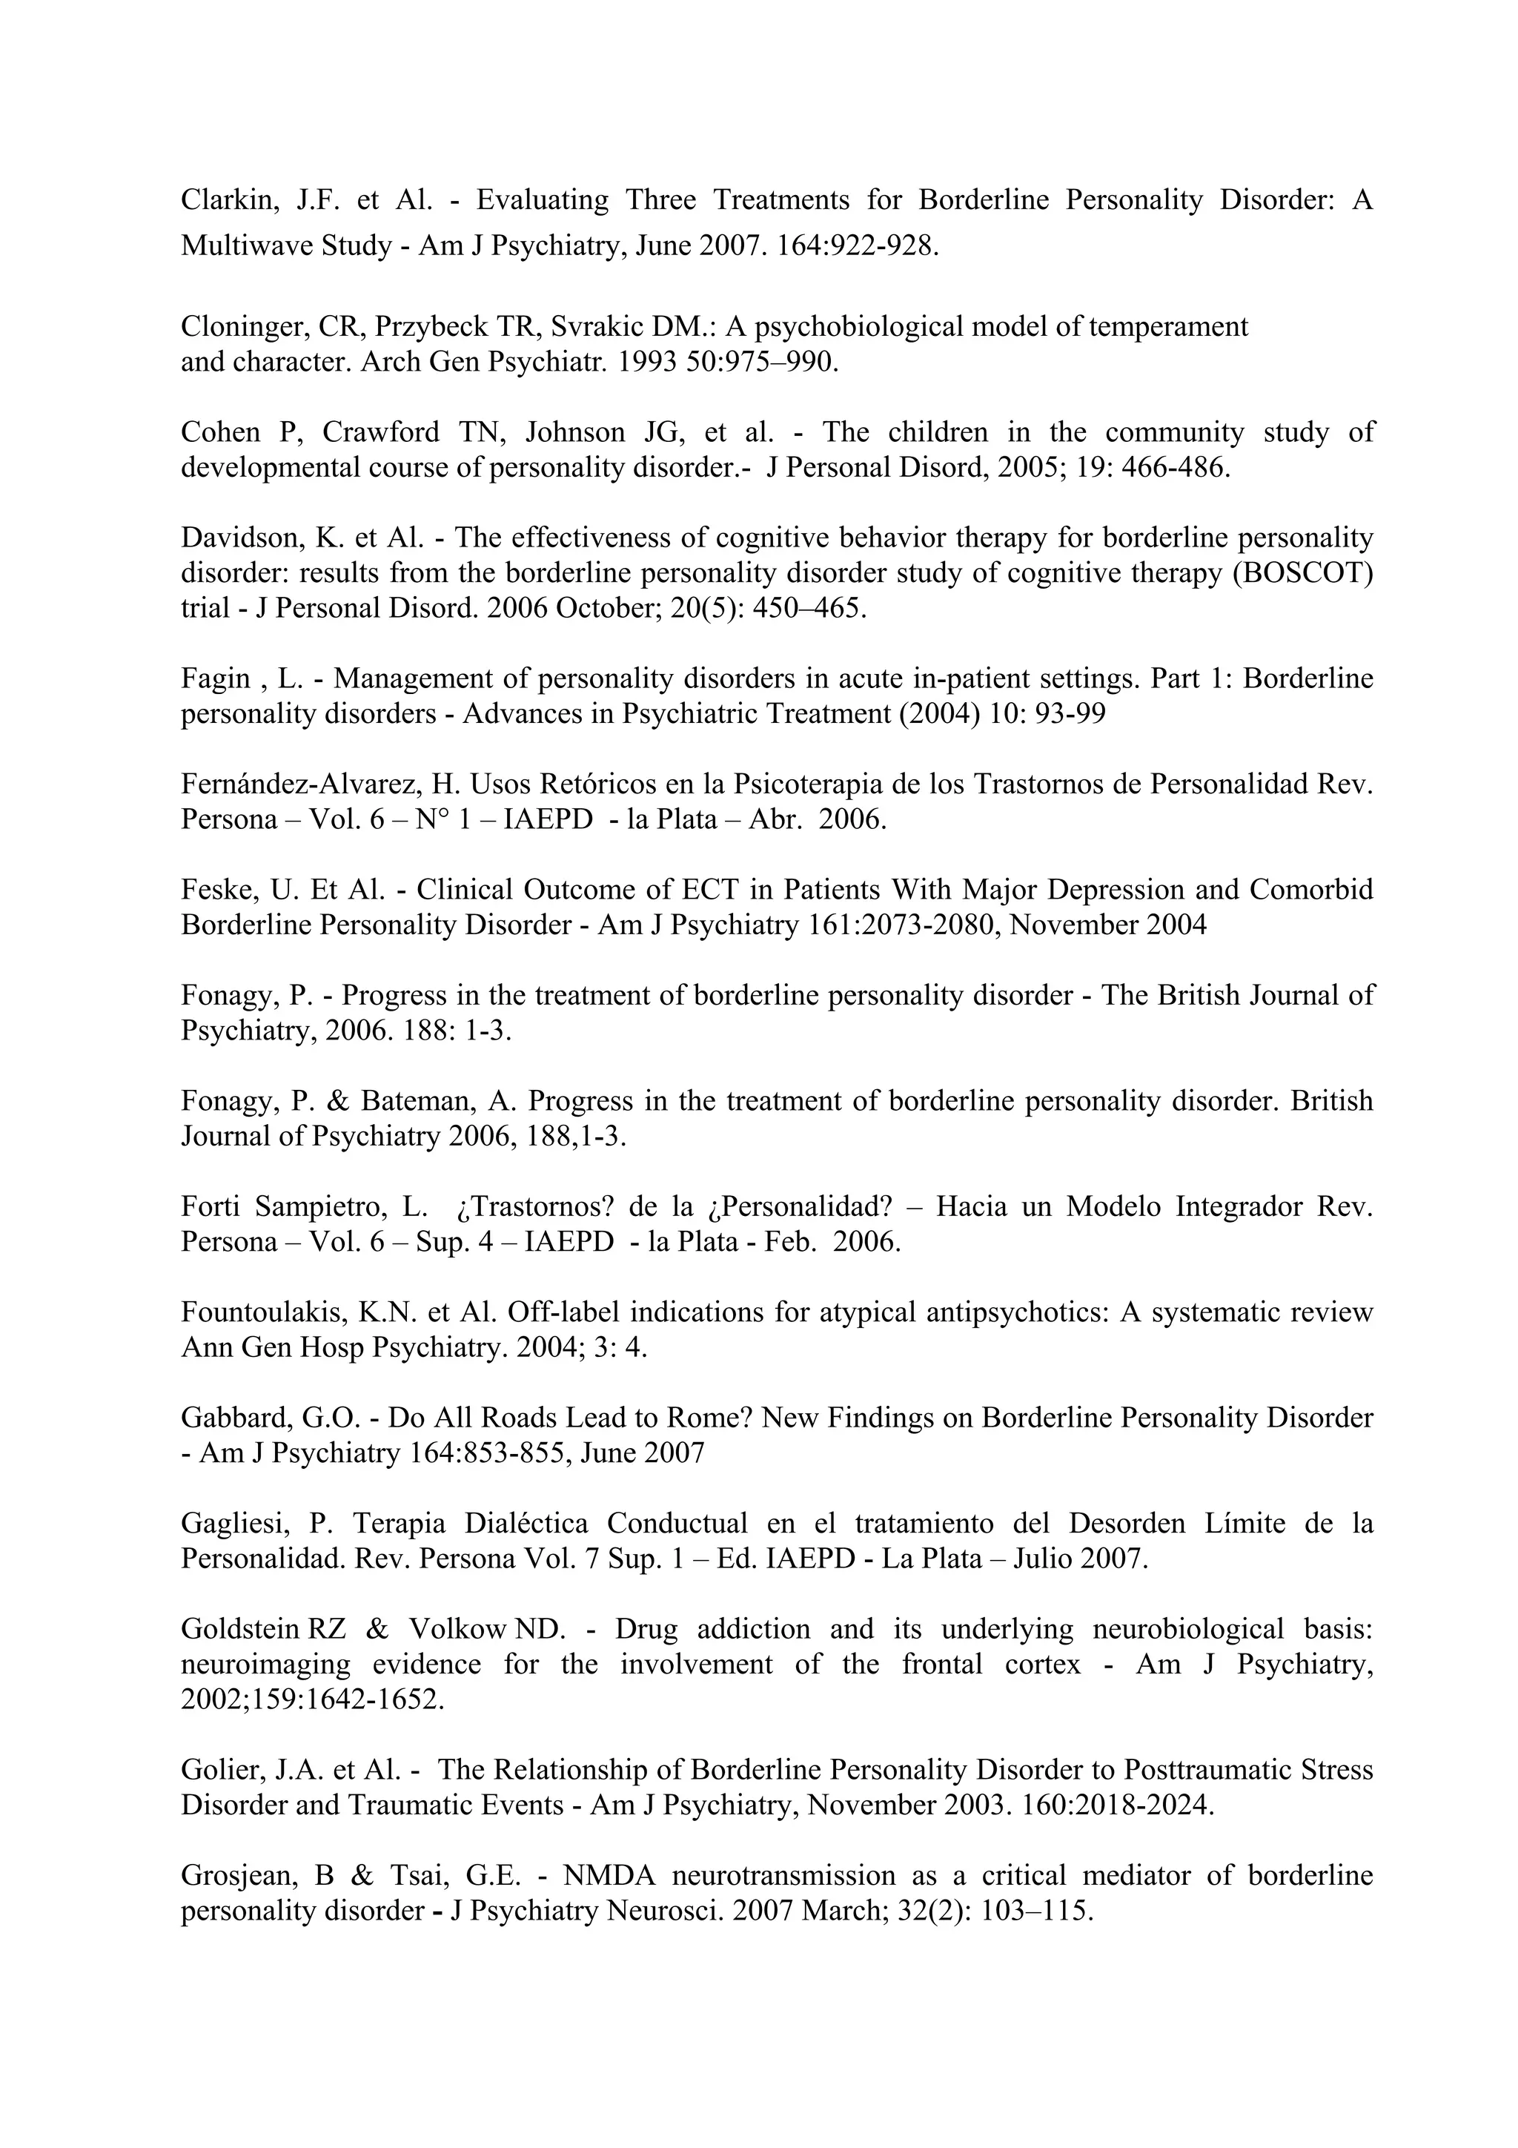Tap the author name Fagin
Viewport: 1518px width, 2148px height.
215,678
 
